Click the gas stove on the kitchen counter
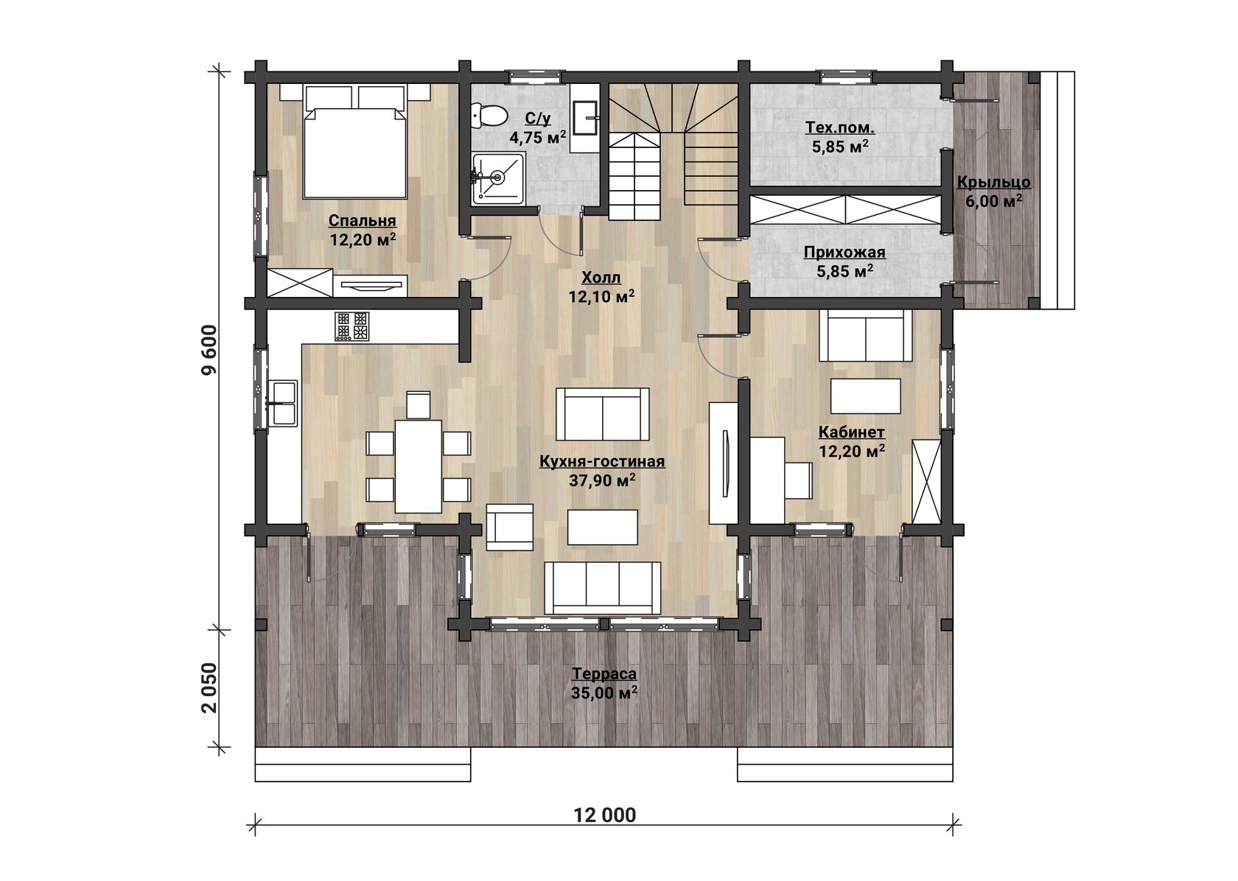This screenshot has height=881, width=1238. [x=352, y=326]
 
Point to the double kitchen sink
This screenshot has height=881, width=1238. [x=283, y=403]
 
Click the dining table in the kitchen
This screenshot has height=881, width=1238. [x=418, y=466]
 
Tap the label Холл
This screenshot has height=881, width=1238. [x=601, y=277]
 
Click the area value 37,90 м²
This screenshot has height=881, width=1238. [x=602, y=480]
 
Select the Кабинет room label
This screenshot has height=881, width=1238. [x=852, y=432]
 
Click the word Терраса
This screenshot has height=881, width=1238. [x=604, y=674]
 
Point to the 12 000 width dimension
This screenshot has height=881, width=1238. [x=605, y=815]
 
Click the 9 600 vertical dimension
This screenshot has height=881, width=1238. [x=210, y=350]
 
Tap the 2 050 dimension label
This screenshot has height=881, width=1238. [x=210, y=688]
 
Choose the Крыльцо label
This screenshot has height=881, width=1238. [x=993, y=182]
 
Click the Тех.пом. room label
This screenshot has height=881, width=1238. [x=840, y=127]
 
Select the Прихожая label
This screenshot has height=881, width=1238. [x=844, y=253]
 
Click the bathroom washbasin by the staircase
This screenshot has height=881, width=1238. [x=584, y=118]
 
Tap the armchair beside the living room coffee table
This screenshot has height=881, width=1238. [x=510, y=527]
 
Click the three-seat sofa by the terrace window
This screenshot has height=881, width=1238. [x=603, y=588]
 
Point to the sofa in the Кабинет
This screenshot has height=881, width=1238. [x=865, y=335]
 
